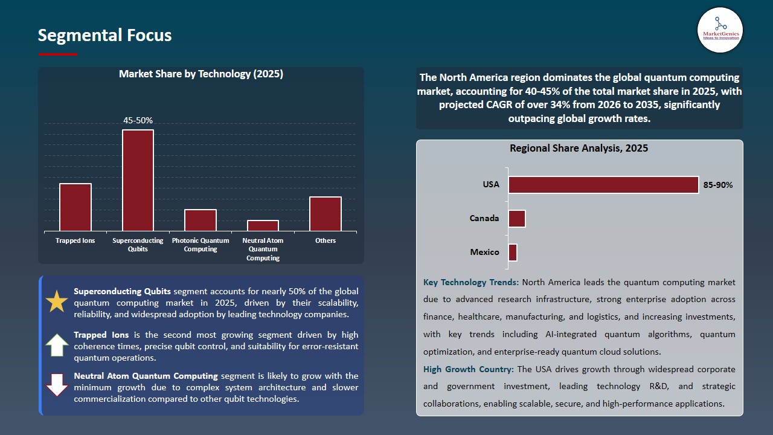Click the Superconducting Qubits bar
[x=138, y=180]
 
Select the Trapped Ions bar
[x=75, y=207]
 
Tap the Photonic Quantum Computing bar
[x=200, y=220]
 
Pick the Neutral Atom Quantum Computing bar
[x=263, y=225]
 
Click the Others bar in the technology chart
[x=326, y=213]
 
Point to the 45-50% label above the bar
[x=138, y=121]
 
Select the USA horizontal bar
[x=603, y=185]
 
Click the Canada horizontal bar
[x=517, y=219]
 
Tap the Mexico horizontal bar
[x=513, y=253]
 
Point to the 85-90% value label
[x=718, y=185]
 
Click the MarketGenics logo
[x=720, y=30]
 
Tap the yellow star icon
[x=57, y=301]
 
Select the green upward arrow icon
[x=57, y=344]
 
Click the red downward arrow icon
[x=57, y=385]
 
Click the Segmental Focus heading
[x=104, y=36]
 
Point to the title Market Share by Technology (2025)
[x=201, y=74]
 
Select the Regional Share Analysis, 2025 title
[x=579, y=149]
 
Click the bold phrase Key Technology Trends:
[x=471, y=282]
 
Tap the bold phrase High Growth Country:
[x=469, y=369]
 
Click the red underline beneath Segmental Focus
[x=58, y=54]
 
